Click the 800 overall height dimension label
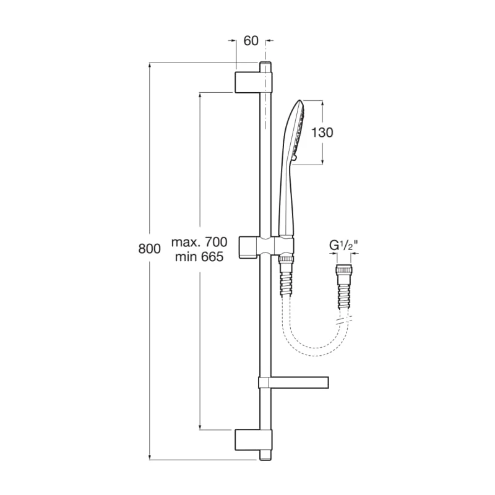(x=149, y=249)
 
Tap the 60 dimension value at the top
(x=251, y=41)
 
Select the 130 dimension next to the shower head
(x=322, y=132)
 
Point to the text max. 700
(x=199, y=242)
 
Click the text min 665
(x=199, y=257)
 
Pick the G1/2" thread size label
(x=344, y=245)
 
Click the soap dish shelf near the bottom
(x=293, y=382)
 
